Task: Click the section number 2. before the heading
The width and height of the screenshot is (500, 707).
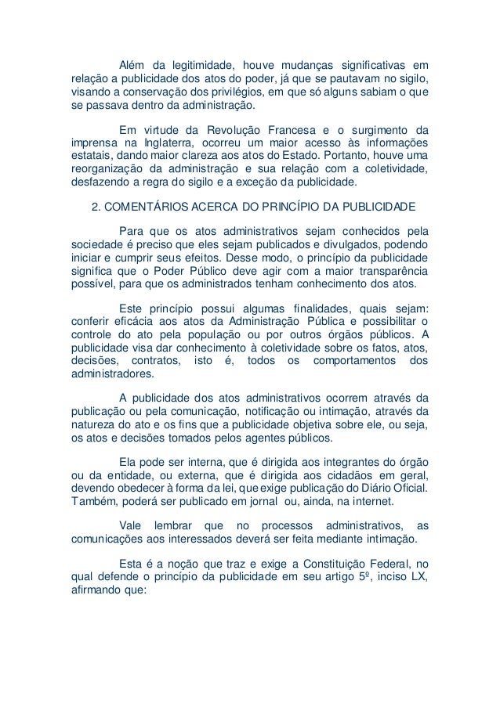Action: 97,207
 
